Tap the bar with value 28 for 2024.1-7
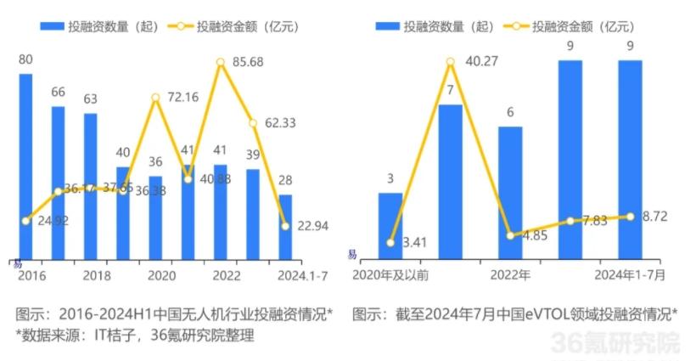[285, 226]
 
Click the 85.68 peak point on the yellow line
[221, 62]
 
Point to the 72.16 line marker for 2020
[156, 98]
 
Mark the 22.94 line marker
[285, 225]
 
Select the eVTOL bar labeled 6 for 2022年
[510, 192]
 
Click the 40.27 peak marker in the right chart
[451, 61]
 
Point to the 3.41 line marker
[390, 242]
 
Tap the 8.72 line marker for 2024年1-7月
[630, 216]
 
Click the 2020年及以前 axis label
[390, 277]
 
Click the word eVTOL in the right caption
[541, 313]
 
